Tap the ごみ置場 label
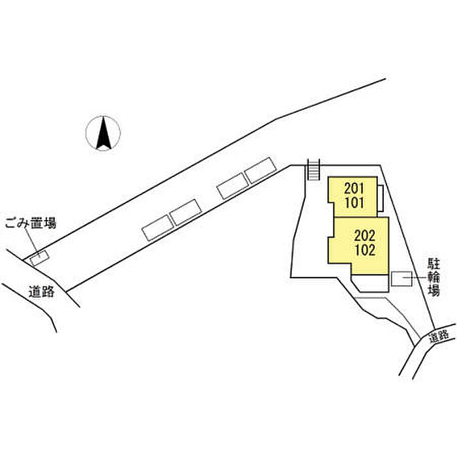click(x=31, y=223)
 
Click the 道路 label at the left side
click(x=42, y=292)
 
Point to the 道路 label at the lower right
click(x=440, y=337)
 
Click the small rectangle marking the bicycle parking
click(x=400, y=279)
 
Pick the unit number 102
click(x=364, y=250)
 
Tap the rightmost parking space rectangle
click(x=260, y=170)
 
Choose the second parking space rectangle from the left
click(x=185, y=212)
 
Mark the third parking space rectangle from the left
click(x=232, y=187)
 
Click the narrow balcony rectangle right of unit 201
click(x=380, y=197)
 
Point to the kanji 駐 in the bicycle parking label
click(x=434, y=265)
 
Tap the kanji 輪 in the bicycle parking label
click(x=434, y=278)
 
